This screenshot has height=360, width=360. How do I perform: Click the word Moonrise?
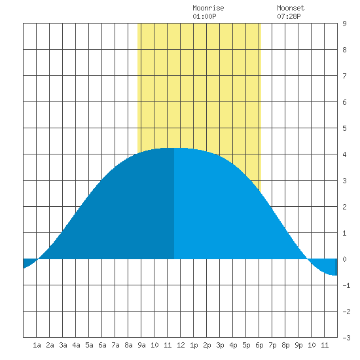pos(208,8)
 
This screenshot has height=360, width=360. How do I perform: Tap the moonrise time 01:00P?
pos(204,16)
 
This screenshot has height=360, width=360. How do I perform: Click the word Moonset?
pos(291,8)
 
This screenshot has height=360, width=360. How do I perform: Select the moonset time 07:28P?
pos(289,16)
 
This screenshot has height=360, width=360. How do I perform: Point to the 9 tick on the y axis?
pos(344,24)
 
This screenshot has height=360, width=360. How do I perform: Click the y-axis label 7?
pos(344,76)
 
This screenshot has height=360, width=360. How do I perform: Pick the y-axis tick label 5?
pos(344,128)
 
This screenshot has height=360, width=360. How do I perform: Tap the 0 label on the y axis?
pos(344,259)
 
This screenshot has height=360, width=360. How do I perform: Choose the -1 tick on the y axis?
pos(346,285)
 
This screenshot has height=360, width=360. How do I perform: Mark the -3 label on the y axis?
pos(346,338)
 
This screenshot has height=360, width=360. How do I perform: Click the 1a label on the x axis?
pos(37,345)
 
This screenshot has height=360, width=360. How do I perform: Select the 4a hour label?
pos(76,345)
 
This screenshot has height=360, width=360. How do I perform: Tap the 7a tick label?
pos(115,345)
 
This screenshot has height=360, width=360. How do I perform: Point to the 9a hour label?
pos(141,345)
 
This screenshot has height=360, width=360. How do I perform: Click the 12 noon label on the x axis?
pos(181,345)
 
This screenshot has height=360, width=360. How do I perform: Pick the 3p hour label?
pos(220,345)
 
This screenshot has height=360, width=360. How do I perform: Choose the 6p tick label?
pos(259,345)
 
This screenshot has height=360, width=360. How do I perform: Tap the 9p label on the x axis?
pos(298,345)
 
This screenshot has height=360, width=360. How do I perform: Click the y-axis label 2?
pos(344,207)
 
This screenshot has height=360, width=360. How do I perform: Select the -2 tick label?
pos(346,312)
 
